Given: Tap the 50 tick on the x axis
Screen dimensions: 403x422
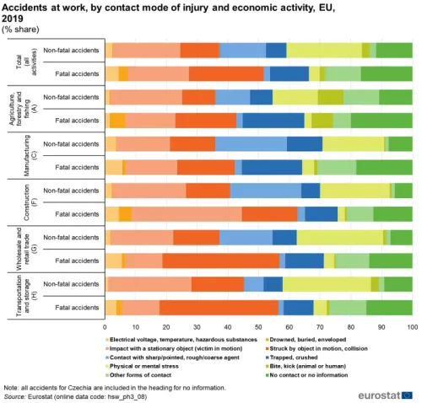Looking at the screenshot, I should (258, 325).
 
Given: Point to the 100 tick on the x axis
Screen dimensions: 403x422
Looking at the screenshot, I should (412, 325).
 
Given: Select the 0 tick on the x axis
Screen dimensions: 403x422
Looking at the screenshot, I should (105, 325).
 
